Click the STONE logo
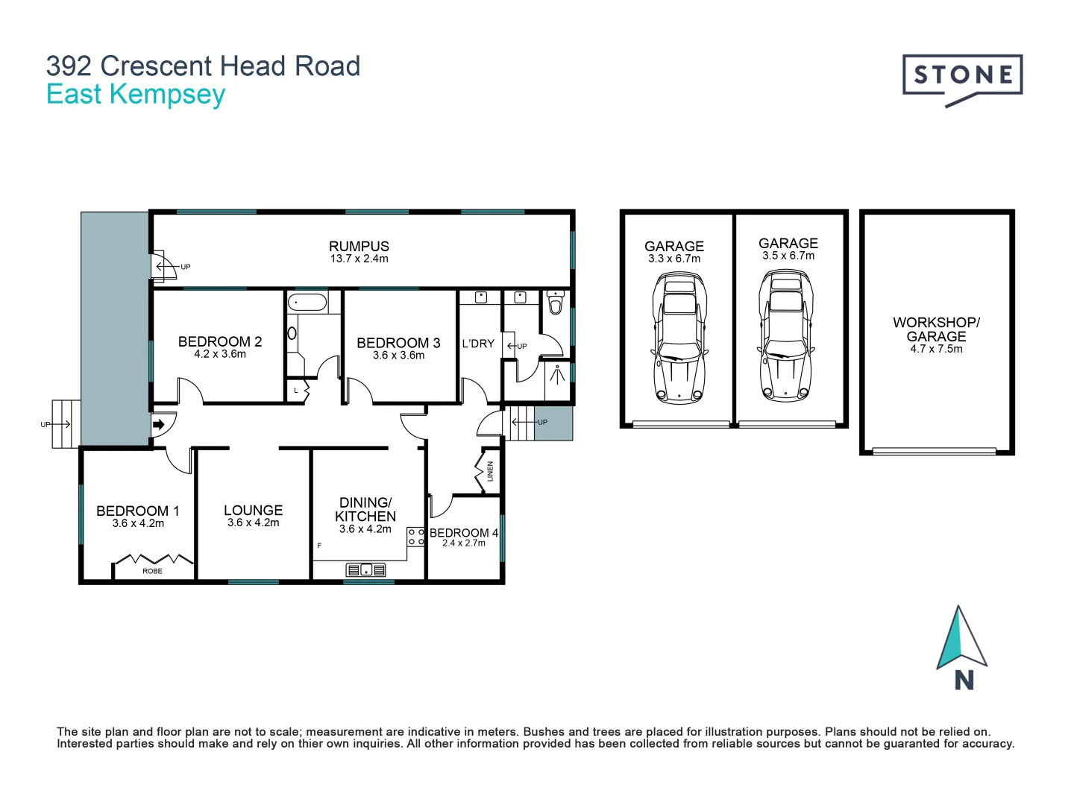(962, 77)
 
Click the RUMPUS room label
(359, 246)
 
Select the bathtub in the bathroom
(307, 303)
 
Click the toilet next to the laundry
(555, 303)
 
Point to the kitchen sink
(366, 570)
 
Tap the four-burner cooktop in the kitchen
(416, 537)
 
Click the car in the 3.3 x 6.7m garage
(678, 338)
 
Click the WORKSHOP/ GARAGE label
(936, 329)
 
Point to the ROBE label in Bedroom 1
(152, 571)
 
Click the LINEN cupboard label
(490, 471)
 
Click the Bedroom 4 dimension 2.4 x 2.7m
(463, 543)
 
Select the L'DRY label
(478, 344)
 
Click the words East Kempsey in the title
(136, 95)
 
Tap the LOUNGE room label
(253, 511)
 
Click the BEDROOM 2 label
(219, 341)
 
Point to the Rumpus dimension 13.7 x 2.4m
(359, 259)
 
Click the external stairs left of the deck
(66, 424)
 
